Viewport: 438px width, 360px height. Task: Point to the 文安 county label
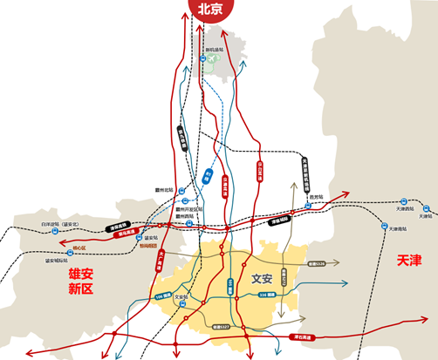pyautogui.click(x=262, y=280)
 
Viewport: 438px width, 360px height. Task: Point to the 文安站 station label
pyautogui.click(x=181, y=296)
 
